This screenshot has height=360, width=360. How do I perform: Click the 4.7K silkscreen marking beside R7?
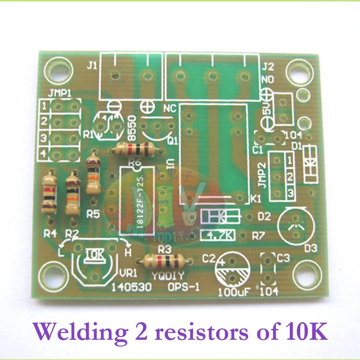point(218,234)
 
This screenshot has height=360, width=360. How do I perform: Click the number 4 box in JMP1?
point(44,153)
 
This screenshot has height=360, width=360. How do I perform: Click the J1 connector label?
point(91,66)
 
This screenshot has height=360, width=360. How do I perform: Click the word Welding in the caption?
point(76,332)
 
